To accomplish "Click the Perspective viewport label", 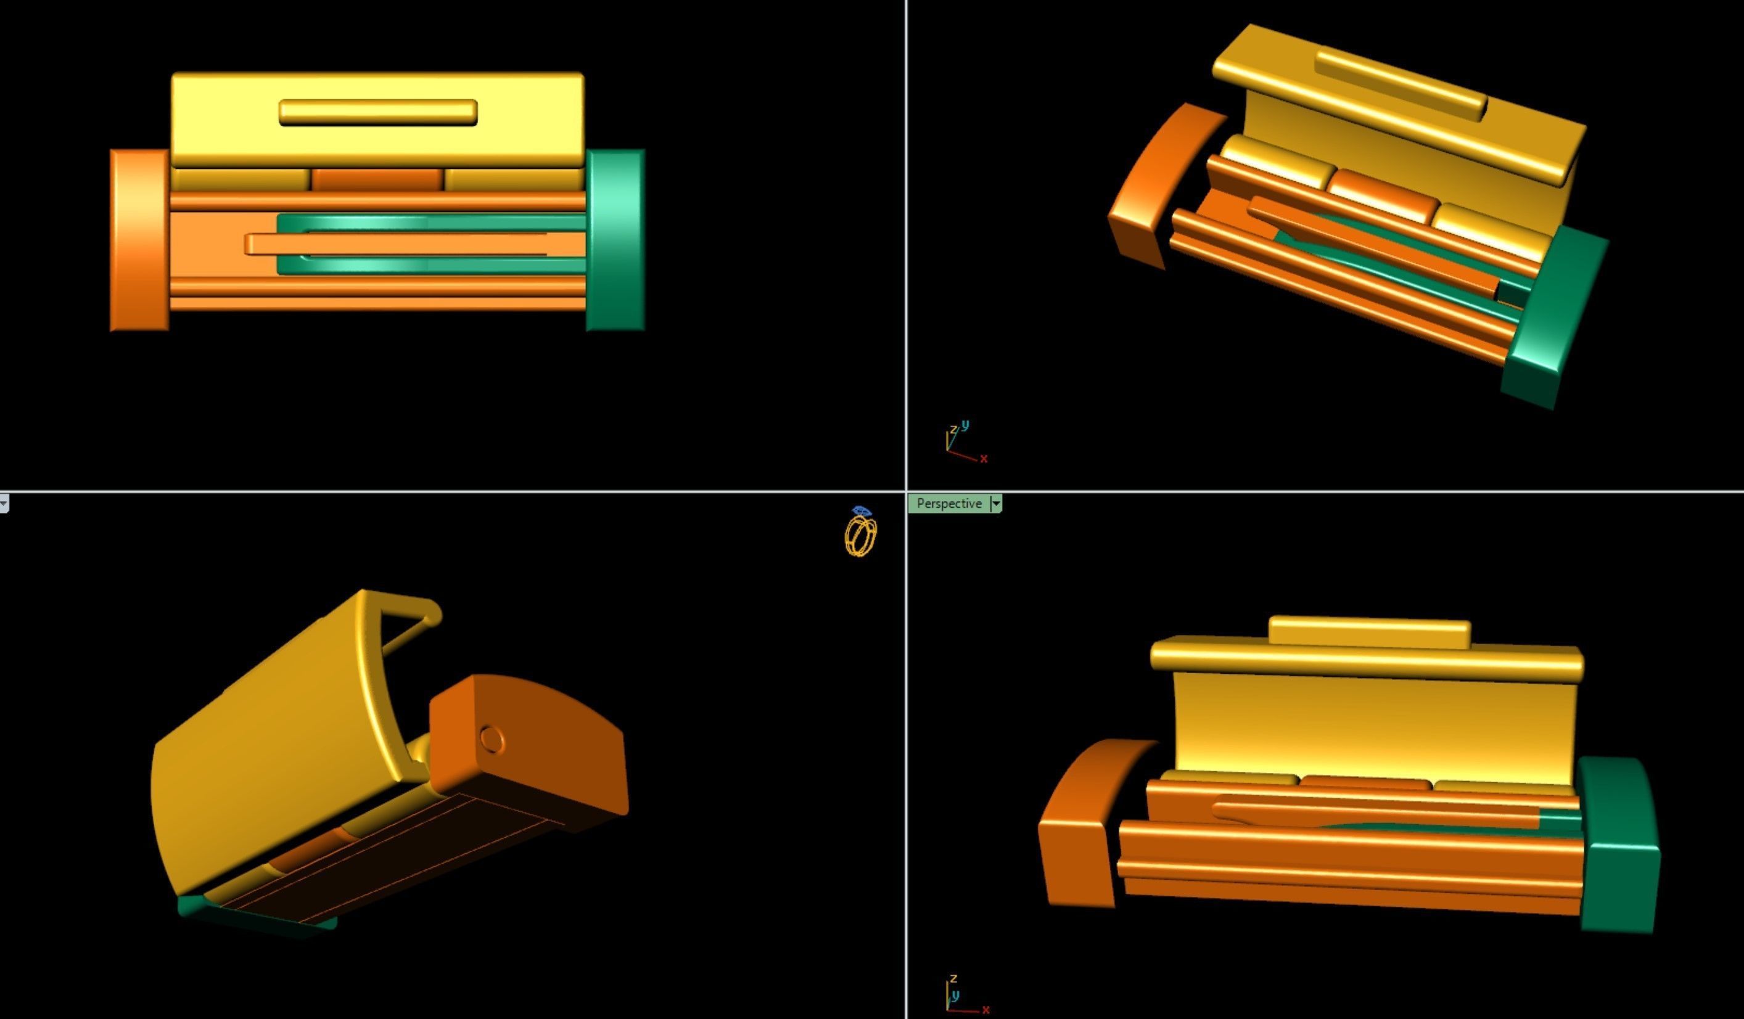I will tap(949, 504).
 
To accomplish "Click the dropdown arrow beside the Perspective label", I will tap(996, 504).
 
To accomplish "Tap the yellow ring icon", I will tap(860, 532).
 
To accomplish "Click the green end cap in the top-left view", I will tap(615, 239).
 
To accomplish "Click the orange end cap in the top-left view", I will tap(139, 239).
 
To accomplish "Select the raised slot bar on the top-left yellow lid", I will tap(378, 113).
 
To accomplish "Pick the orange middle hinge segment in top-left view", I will tap(377, 179).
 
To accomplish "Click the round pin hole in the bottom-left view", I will tap(492, 740).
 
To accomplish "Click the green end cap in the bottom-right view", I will tap(1618, 844).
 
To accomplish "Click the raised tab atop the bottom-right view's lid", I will tap(1369, 632).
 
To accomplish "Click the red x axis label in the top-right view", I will tap(984, 459).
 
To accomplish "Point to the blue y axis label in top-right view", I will tap(966, 425).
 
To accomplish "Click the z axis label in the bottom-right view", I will tap(953, 979).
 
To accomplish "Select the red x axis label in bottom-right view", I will tap(985, 1010).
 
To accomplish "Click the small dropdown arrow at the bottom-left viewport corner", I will tap(4, 504).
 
